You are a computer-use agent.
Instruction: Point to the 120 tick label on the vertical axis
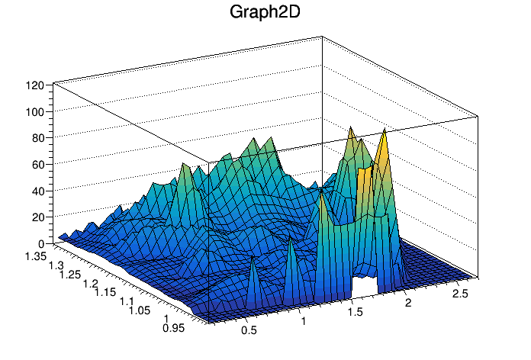(x=34, y=85)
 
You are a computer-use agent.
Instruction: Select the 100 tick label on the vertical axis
(x=34, y=112)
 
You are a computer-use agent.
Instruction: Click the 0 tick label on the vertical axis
(x=40, y=243)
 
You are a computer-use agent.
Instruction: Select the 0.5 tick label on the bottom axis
(x=248, y=330)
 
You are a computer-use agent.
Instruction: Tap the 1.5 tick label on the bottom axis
(x=355, y=313)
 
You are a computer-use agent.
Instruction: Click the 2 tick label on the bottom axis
(x=408, y=304)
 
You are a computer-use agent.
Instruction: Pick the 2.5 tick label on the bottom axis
(x=460, y=294)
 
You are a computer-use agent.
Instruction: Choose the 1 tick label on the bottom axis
(x=304, y=321)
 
